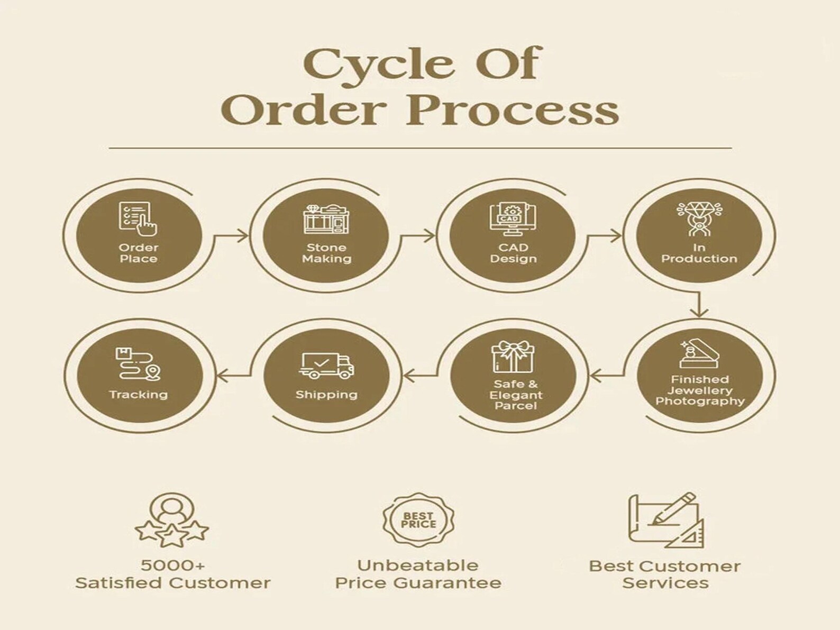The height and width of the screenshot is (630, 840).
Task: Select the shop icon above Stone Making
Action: pos(326,219)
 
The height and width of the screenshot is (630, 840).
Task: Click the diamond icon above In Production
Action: pos(699,219)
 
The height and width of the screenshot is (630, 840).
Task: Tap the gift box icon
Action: pos(513,357)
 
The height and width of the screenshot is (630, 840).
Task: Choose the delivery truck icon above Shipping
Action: pos(326,366)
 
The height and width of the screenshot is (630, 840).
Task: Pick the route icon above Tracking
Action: pos(138,364)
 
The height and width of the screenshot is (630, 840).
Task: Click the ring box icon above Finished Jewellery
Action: pos(699,354)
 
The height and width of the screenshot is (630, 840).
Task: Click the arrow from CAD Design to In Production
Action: pos(604,235)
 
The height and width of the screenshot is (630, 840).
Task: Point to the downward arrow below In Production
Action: pos(699,305)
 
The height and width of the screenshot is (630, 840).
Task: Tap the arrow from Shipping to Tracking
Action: pos(234,377)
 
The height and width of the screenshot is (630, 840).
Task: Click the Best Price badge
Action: pos(418,520)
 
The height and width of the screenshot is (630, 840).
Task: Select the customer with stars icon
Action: pos(172,519)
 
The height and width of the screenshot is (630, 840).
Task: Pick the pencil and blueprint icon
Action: pos(666,520)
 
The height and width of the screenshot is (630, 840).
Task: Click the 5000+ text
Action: pos(172,565)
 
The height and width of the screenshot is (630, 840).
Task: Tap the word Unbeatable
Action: pos(418,565)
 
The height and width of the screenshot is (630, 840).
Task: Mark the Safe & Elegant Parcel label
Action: pos(516,395)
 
